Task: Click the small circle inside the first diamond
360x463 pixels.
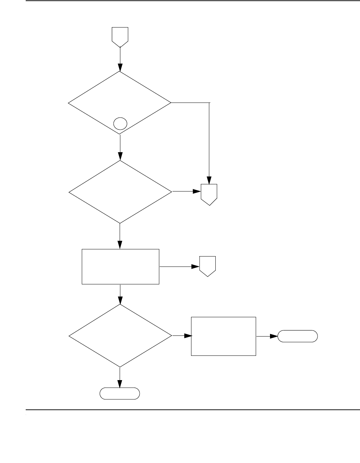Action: click(120, 124)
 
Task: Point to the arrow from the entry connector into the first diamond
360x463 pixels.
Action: click(120, 59)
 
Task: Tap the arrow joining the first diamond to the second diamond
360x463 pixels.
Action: click(120, 147)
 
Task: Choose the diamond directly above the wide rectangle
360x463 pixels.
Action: click(120, 192)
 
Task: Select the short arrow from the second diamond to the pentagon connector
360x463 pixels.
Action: click(187, 191)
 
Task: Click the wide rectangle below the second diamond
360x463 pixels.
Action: click(120, 267)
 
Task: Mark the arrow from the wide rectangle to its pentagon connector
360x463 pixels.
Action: click(179, 267)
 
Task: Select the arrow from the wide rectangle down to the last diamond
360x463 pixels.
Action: click(120, 294)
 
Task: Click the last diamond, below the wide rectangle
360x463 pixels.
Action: click(120, 336)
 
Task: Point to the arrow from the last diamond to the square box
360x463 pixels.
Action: click(182, 336)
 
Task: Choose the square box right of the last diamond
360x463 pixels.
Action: click(224, 336)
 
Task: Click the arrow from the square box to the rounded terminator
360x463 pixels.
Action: click(267, 337)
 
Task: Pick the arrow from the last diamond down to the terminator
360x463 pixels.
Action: click(120, 377)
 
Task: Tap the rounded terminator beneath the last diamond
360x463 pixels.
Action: click(120, 393)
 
